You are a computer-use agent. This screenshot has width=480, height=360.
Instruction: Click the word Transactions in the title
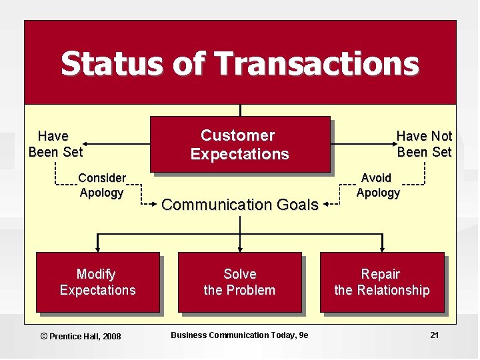pos(317,63)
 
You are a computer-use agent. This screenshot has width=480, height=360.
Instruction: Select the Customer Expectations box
pos(239,145)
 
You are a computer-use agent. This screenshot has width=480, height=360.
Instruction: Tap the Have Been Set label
pos(55,144)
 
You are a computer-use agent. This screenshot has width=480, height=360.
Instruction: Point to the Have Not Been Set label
pos(424,144)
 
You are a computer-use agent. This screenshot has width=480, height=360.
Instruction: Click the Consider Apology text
pos(101,185)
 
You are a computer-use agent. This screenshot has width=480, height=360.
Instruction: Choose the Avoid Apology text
pos(378,185)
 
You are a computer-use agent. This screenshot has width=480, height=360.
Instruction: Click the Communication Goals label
pos(239,205)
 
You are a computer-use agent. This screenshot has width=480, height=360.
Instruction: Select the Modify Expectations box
pos(97,282)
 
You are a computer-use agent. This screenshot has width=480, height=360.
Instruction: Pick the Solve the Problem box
pos(239,282)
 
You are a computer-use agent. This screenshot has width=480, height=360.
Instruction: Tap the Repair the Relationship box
pos(381,282)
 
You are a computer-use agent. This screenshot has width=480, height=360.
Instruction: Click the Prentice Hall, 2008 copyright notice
pos(81,336)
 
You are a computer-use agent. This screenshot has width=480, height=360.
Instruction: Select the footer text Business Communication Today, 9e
pos(239,335)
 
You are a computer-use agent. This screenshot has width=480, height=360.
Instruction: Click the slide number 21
pos(434,335)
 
